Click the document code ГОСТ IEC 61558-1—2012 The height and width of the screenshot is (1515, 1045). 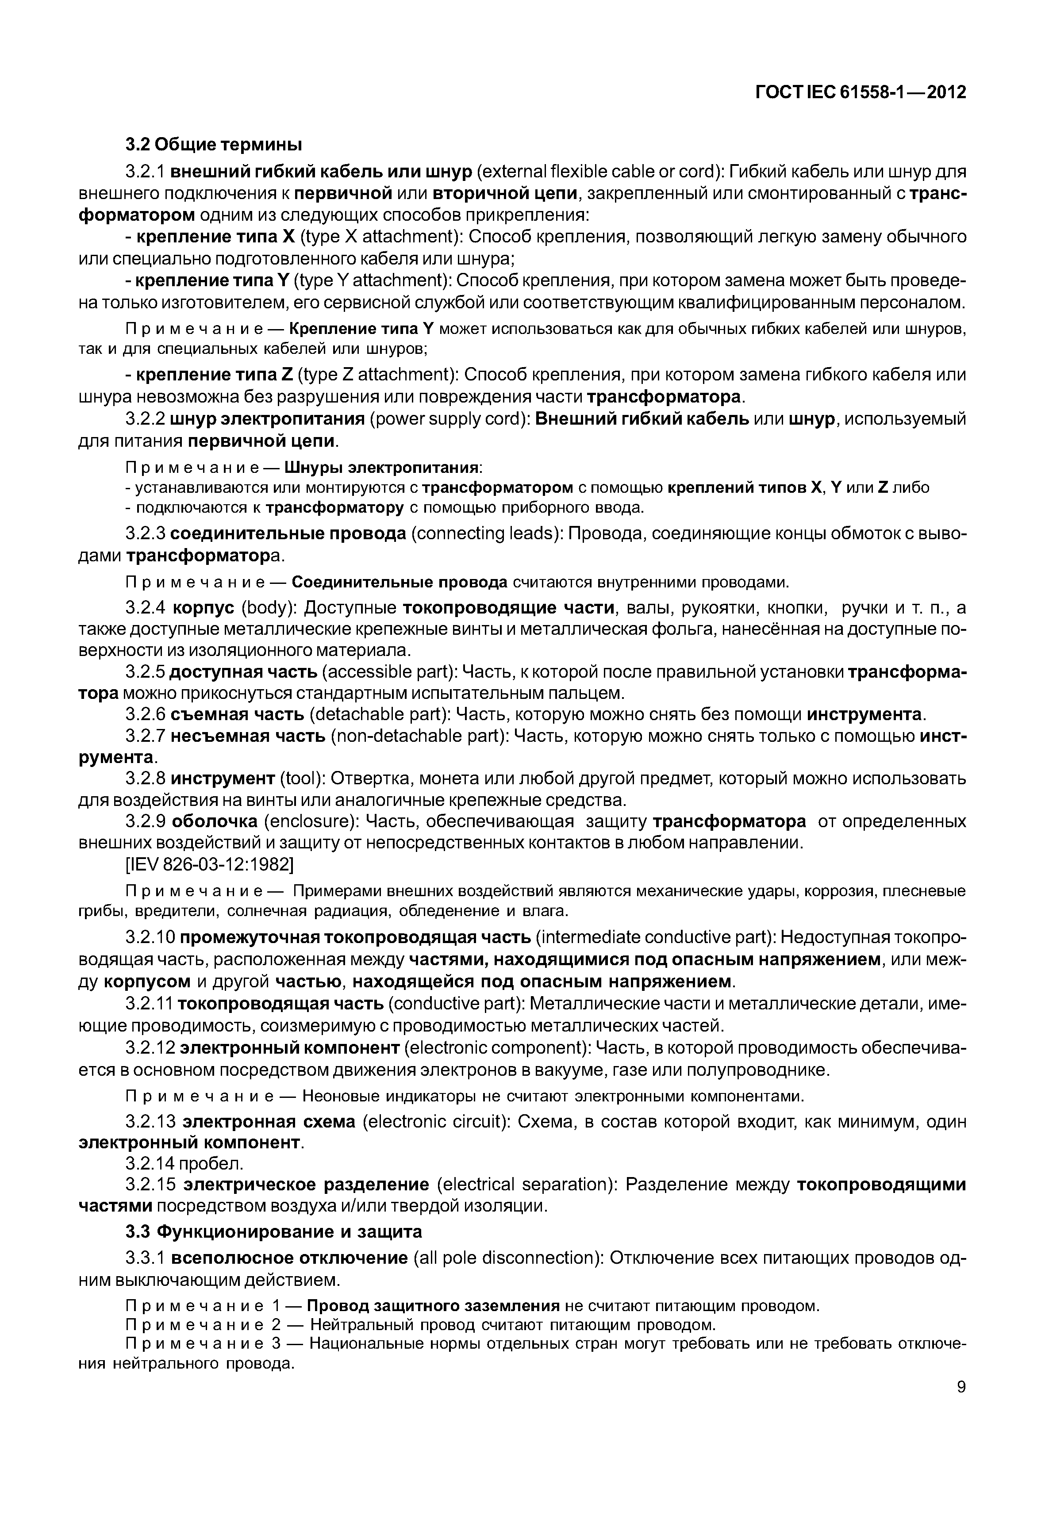click(861, 92)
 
